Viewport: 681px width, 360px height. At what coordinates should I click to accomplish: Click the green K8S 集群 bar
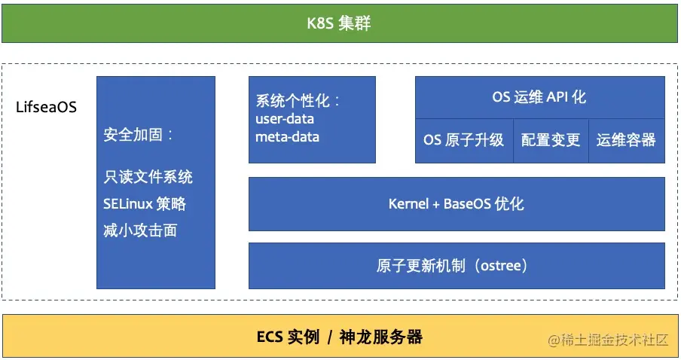pyautogui.click(x=340, y=24)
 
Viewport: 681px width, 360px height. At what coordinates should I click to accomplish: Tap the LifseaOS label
pyautogui.click(x=47, y=107)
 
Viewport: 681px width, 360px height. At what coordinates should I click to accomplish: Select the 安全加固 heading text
pyautogui.click(x=139, y=136)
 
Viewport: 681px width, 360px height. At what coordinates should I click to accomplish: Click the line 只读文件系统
pyautogui.click(x=148, y=177)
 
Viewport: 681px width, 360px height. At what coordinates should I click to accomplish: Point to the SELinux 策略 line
pyautogui.click(x=145, y=203)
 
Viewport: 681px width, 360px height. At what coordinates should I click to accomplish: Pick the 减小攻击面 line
pyautogui.click(x=140, y=230)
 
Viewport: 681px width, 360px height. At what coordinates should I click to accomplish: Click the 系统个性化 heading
pyautogui.click(x=298, y=101)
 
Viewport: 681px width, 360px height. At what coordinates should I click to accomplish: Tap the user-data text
pyautogui.click(x=285, y=119)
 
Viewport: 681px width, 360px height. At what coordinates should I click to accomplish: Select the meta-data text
pyautogui.click(x=287, y=137)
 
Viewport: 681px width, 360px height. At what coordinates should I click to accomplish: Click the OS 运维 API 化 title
pyautogui.click(x=539, y=97)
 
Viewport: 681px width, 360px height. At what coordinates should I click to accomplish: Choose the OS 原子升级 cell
pyautogui.click(x=463, y=140)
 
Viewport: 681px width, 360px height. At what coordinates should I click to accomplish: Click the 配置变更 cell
pyautogui.click(x=551, y=140)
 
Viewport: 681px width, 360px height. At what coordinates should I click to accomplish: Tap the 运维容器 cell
pyautogui.click(x=626, y=140)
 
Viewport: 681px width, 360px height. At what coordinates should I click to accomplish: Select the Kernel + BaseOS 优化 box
pyautogui.click(x=456, y=203)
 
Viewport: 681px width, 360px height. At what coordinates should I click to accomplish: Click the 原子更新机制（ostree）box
pyautogui.click(x=456, y=265)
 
